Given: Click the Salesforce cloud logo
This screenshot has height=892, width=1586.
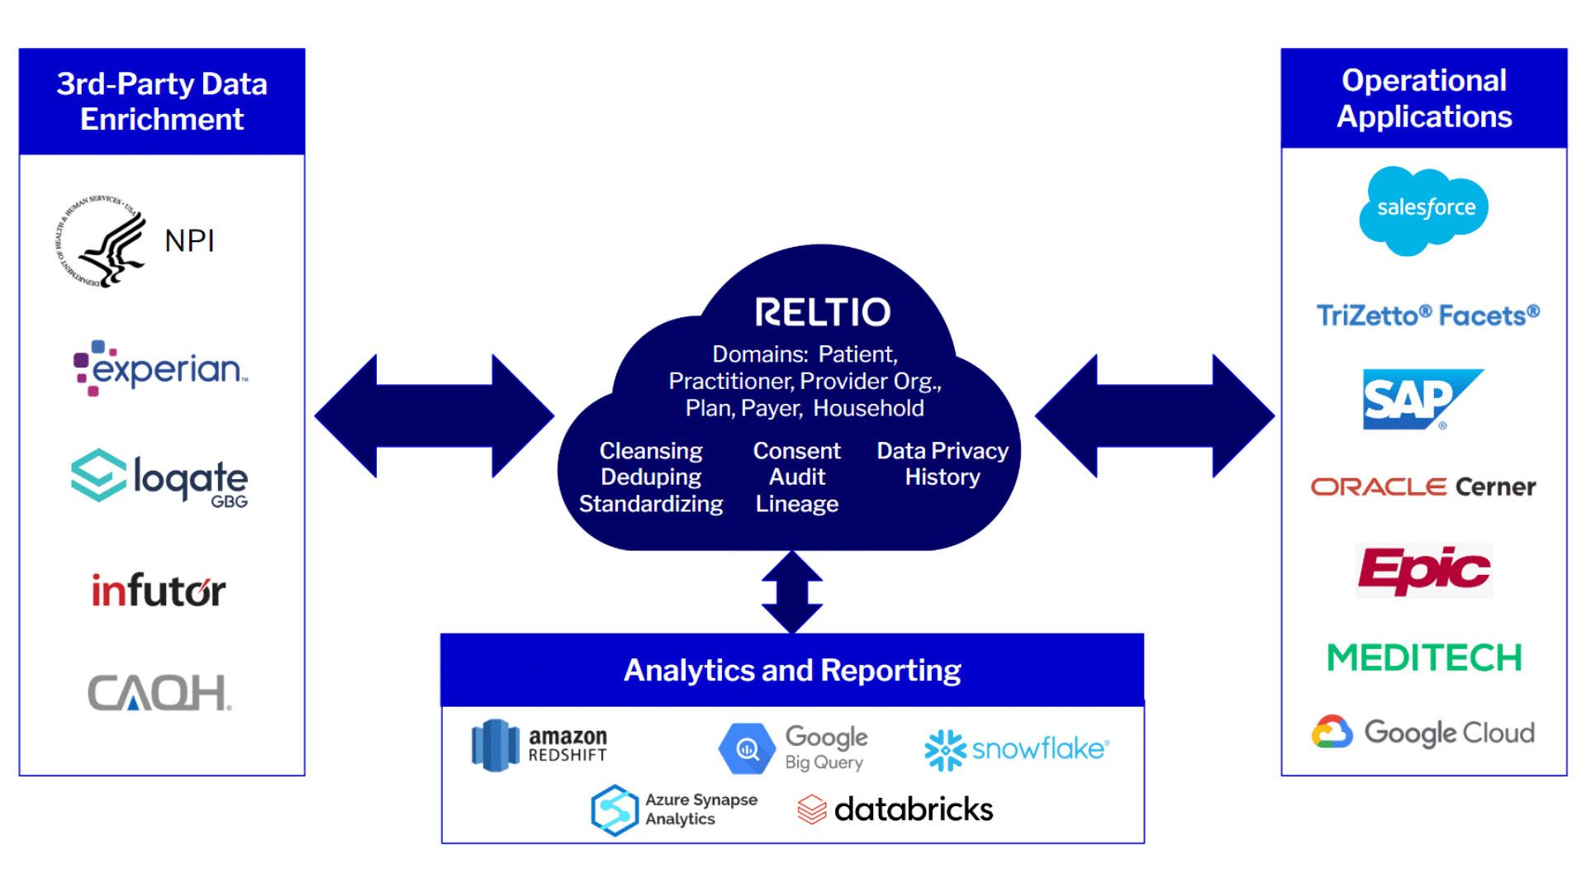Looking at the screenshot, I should (1424, 210).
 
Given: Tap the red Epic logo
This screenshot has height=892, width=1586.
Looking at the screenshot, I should (1424, 570).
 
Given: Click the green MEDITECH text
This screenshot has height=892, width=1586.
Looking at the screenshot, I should (1424, 658).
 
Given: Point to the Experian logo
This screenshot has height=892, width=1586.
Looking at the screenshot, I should (162, 368).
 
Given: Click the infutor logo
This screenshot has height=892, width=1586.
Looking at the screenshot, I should (159, 590).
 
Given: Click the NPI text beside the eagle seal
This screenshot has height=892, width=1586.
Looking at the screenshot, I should (189, 241).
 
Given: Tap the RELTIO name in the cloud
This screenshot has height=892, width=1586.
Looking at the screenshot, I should (823, 312).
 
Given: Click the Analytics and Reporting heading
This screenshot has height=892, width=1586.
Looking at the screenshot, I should (792, 670).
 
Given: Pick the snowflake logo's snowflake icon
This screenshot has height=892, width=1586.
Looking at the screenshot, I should (944, 750).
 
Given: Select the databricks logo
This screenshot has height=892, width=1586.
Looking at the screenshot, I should (895, 809).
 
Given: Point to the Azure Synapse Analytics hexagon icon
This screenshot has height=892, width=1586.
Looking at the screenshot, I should (615, 810).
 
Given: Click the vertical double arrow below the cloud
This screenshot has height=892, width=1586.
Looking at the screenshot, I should (792, 592).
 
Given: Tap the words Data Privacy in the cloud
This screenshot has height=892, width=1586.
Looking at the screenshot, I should (943, 451).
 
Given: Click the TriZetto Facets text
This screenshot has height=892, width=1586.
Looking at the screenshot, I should (1427, 316).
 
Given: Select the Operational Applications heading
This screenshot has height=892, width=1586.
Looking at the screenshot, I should (1424, 98).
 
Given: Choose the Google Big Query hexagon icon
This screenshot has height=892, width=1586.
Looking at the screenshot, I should (747, 749).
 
